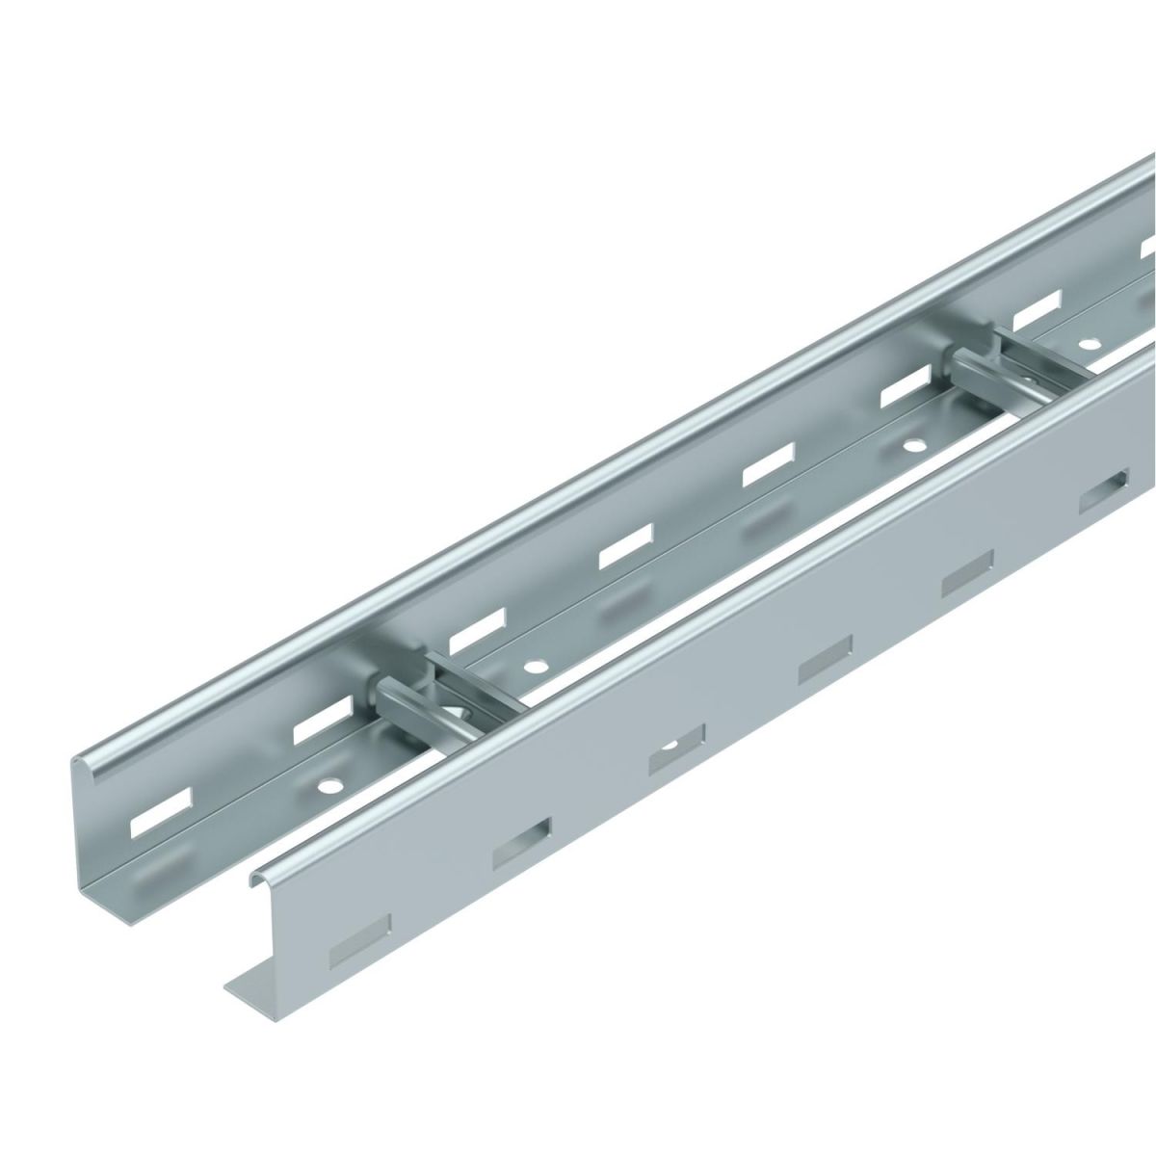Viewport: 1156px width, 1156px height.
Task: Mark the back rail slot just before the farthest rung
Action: [x=904, y=393]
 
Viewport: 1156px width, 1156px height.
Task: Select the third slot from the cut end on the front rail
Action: [x=676, y=749]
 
